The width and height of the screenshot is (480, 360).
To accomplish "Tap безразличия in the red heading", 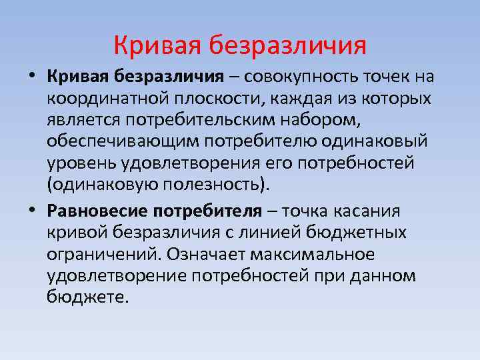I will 287,46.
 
